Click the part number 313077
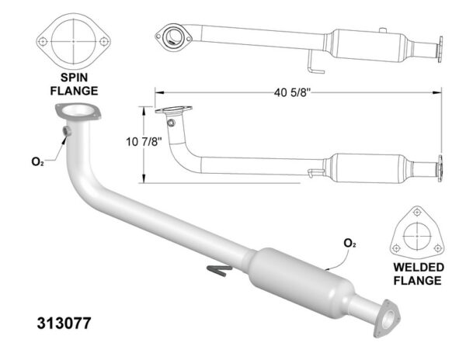[x=64, y=324]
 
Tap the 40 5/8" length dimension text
[x=292, y=92]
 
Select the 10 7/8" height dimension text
[x=144, y=141]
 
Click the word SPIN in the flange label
[x=75, y=78]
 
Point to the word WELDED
[x=419, y=267]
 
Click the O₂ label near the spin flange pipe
[x=37, y=161]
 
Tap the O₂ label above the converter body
[x=349, y=244]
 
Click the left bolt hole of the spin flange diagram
[x=43, y=41]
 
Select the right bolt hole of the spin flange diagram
[x=104, y=41]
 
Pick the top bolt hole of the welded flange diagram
[x=417, y=212]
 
